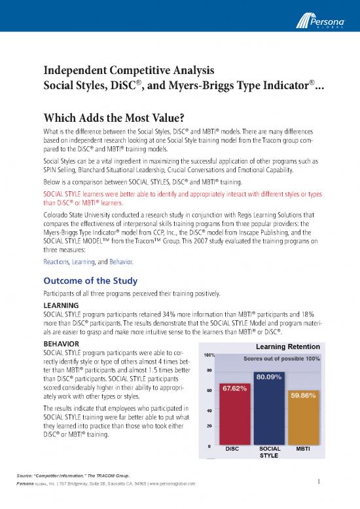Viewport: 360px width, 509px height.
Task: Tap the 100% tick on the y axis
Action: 211,355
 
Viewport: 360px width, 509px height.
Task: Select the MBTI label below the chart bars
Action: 303,449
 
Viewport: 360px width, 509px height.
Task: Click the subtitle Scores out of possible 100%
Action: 281,359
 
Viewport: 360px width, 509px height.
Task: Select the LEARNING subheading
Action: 60,305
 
